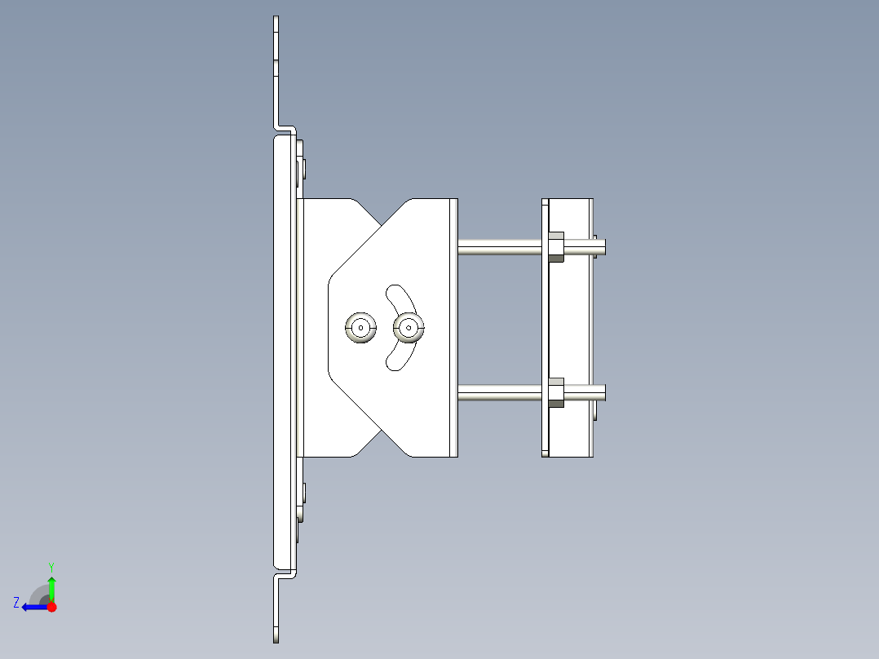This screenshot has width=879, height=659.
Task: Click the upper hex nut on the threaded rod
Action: (555, 246)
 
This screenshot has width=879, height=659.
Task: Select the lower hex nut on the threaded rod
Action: (555, 392)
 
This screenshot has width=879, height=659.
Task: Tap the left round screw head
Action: (360, 328)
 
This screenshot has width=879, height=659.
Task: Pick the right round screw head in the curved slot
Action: (409, 328)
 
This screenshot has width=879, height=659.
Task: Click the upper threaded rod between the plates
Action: (499, 246)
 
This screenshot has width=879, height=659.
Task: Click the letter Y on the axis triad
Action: (51, 566)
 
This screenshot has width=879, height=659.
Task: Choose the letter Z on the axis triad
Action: (16, 603)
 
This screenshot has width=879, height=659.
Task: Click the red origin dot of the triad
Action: (51, 606)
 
